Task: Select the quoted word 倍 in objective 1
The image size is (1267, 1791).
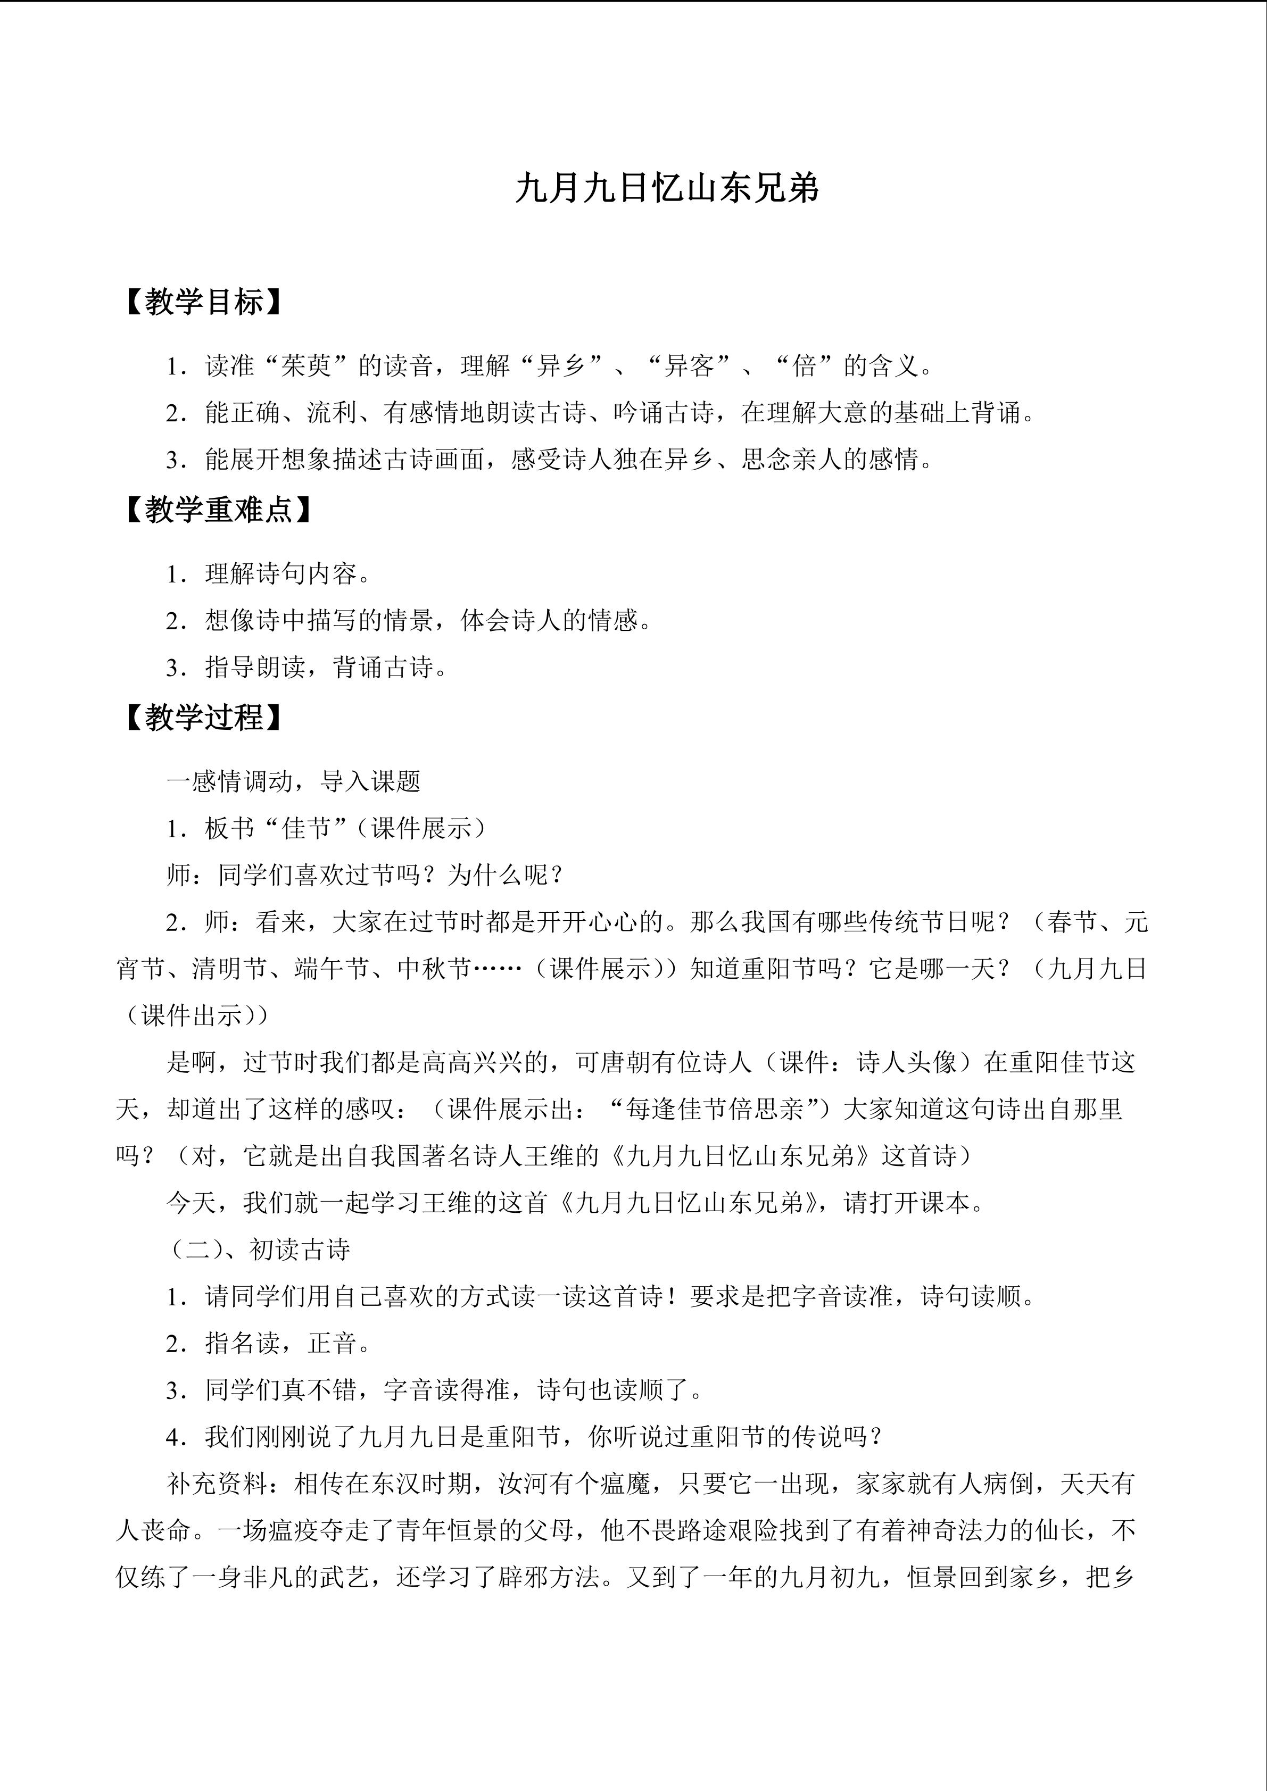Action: point(804,366)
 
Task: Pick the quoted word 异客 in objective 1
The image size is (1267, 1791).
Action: point(689,366)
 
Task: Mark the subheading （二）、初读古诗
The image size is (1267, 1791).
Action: point(259,1249)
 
